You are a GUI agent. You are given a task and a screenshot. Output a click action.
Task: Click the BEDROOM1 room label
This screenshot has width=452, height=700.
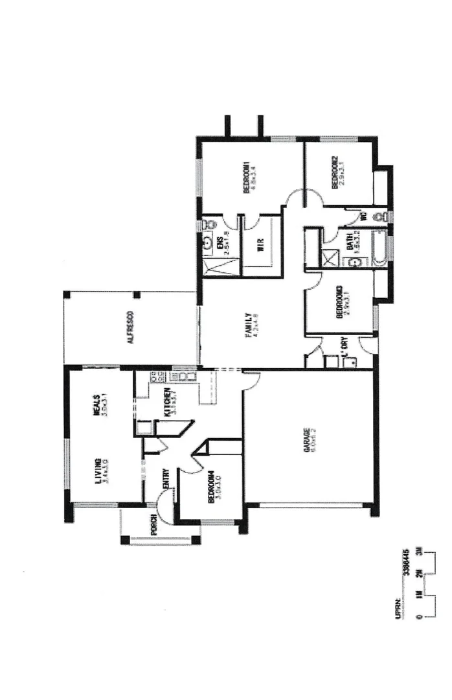247,176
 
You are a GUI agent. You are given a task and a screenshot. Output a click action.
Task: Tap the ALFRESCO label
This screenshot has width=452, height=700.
131,327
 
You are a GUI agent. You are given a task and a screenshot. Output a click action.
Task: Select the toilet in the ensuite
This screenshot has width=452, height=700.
207,224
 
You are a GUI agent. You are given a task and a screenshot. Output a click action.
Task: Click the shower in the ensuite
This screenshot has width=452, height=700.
210,266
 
